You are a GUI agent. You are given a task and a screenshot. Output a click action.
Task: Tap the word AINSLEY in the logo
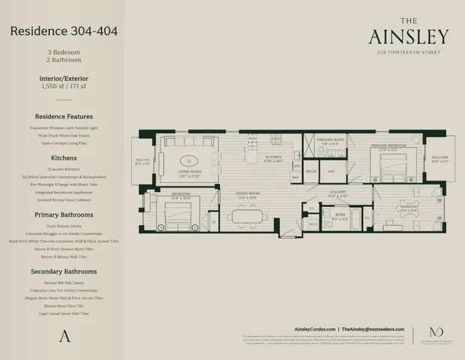point(409,37)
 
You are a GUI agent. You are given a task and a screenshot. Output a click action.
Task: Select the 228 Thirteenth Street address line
point(409,52)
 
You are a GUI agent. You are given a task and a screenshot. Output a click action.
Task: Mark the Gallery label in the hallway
point(338,192)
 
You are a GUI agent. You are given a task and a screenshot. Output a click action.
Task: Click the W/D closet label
point(313,224)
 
